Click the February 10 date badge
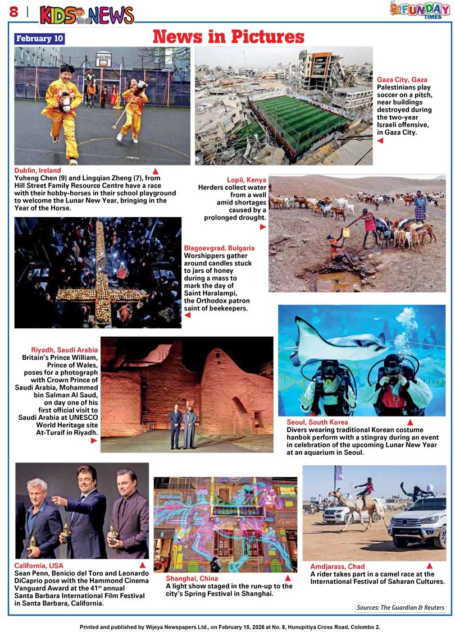[x=40, y=39]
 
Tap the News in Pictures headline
[x=228, y=37]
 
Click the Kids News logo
[x=87, y=15]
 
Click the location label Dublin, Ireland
[x=38, y=171]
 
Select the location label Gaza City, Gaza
[x=402, y=80]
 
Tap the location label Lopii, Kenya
[x=247, y=180]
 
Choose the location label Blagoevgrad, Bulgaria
[x=219, y=248]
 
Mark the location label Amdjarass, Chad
[x=338, y=567]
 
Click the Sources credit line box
[x=401, y=607]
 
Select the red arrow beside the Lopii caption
[x=263, y=227]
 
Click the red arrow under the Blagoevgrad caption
[x=188, y=315]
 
